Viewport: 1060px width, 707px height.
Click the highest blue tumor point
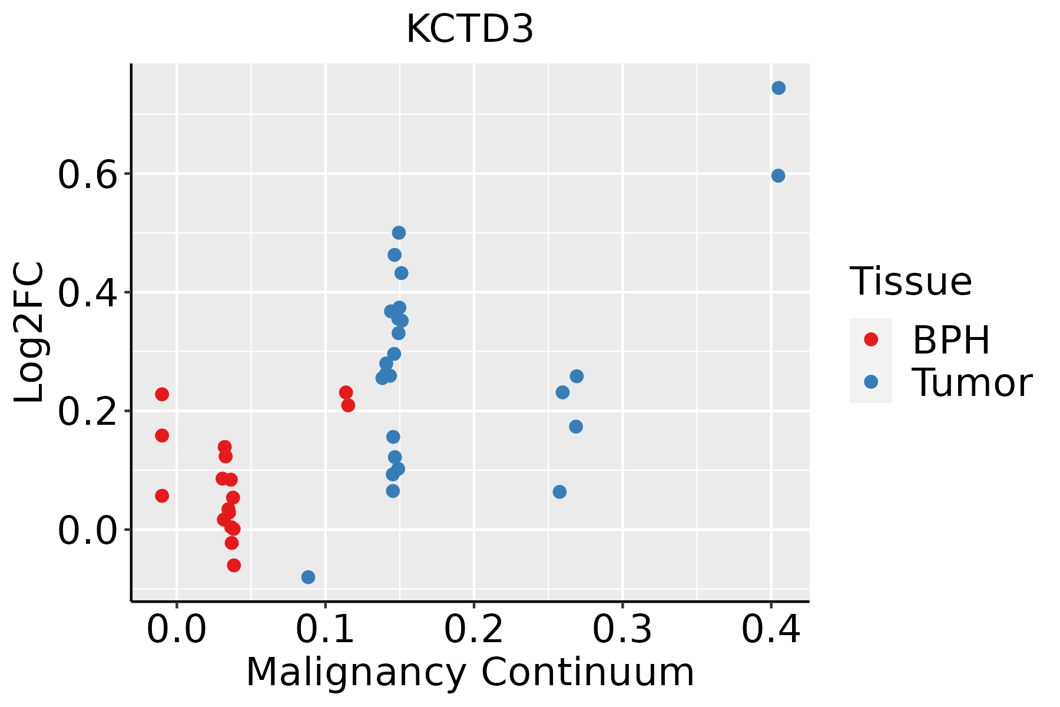tap(779, 88)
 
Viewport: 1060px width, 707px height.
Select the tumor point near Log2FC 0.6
tap(778, 176)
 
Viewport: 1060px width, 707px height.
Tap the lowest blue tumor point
tap(308, 577)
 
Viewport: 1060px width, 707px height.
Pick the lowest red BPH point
tap(234, 565)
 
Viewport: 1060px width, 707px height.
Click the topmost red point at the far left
tap(162, 394)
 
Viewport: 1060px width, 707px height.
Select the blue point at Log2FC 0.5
tap(399, 233)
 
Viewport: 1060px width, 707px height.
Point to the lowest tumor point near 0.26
tap(559, 491)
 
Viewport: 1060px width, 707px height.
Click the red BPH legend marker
tap(870, 339)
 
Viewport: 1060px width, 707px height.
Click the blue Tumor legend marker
tap(870, 382)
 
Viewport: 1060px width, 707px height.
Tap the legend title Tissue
tap(911, 282)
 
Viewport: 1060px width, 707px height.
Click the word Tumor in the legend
tap(972, 383)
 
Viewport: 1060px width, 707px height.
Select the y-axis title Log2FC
tap(29, 332)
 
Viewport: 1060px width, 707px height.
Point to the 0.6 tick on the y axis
tap(88, 175)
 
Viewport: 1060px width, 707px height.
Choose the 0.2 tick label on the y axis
tap(88, 412)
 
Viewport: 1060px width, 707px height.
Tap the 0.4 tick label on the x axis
tap(770, 629)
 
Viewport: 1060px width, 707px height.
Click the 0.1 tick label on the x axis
tap(325, 629)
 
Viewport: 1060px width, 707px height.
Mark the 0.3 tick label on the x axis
tap(622, 629)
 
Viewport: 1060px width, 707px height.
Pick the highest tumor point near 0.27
tap(577, 376)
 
